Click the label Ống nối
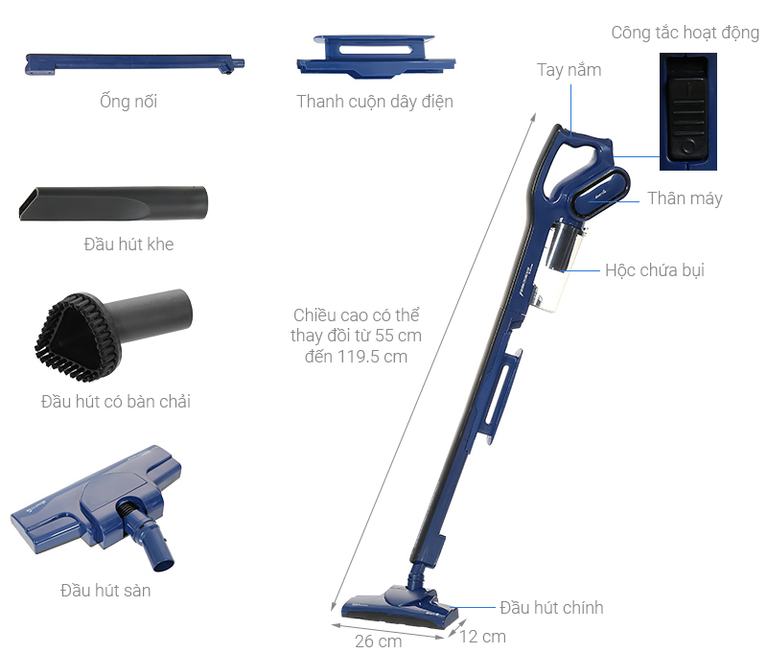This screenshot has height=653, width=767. (128, 102)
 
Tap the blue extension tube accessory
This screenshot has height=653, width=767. (133, 64)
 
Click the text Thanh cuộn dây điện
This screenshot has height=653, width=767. (375, 102)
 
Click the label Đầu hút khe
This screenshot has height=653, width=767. (128, 245)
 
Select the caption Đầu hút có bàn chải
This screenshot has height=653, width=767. (115, 402)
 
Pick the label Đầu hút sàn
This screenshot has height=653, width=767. (105, 590)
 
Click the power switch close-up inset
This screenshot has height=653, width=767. (688, 110)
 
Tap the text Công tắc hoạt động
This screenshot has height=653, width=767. (685, 34)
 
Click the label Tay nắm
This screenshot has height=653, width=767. (569, 70)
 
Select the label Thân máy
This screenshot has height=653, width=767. (685, 198)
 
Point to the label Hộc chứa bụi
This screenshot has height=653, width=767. (654, 270)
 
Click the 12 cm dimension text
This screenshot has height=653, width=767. (481, 636)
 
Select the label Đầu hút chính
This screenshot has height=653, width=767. (551, 608)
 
